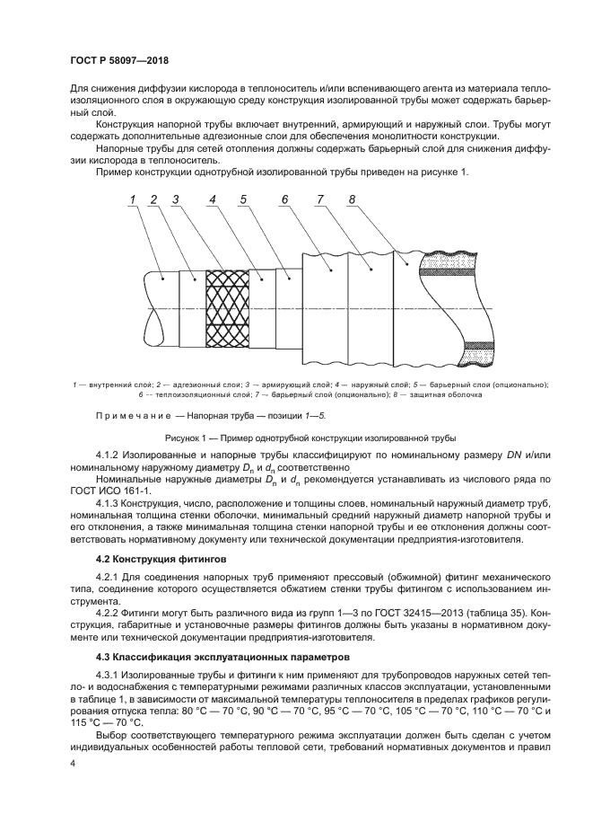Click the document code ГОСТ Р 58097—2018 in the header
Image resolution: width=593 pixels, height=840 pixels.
click(119, 60)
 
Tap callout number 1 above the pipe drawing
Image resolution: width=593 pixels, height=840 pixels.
click(132, 199)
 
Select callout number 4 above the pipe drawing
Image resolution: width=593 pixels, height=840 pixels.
click(212, 199)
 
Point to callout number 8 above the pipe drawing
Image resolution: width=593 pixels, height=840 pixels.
click(352, 199)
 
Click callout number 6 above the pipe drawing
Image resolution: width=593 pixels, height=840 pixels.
click(284, 199)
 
